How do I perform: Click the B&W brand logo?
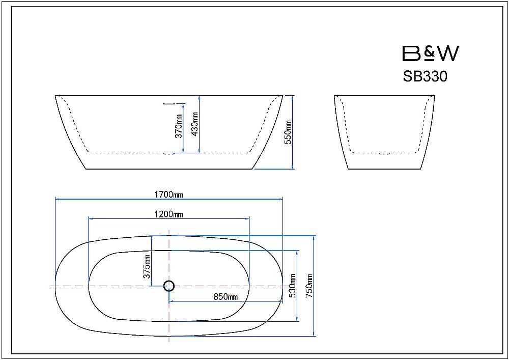pos(430,53)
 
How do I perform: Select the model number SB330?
pos(425,76)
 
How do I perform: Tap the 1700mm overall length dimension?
pos(168,194)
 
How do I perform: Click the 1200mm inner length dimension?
pos(168,214)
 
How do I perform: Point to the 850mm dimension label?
pos(225,297)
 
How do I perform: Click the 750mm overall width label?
pos(309,286)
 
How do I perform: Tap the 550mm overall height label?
pos(289,131)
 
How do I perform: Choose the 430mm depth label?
pos(195,124)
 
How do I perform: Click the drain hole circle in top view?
pos(169,286)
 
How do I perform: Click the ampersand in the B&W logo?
pos(430,53)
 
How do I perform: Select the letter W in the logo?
pos(447,53)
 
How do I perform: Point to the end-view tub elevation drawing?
pos(385,132)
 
